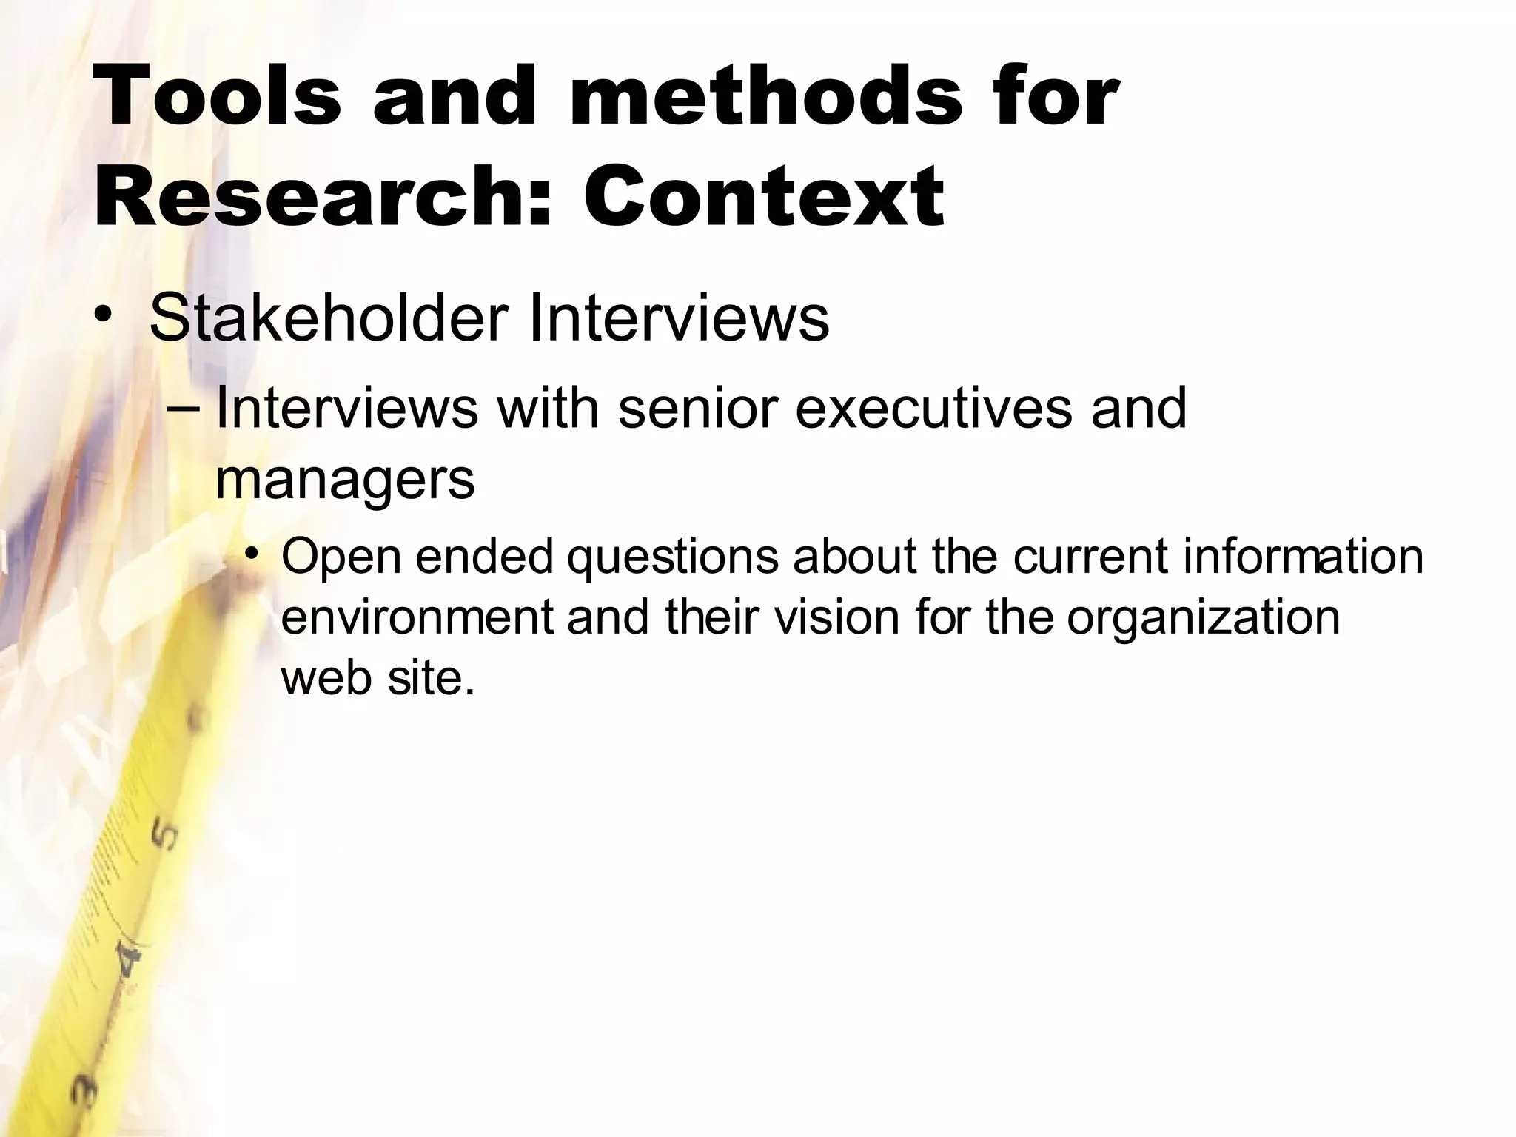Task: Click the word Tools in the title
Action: coord(218,96)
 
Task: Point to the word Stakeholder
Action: coord(329,318)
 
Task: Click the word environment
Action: coord(417,616)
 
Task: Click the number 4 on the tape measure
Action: coord(130,962)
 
